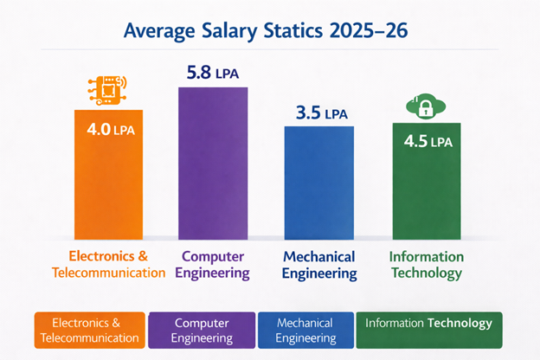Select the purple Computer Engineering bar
click(x=213, y=164)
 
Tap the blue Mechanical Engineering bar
click(x=319, y=186)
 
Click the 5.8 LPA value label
click(x=213, y=73)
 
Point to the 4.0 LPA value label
click(x=107, y=132)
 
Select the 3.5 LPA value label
click(x=319, y=112)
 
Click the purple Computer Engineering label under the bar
click(x=214, y=265)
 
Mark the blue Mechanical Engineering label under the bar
click(x=319, y=265)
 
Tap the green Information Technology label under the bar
click(x=427, y=265)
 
